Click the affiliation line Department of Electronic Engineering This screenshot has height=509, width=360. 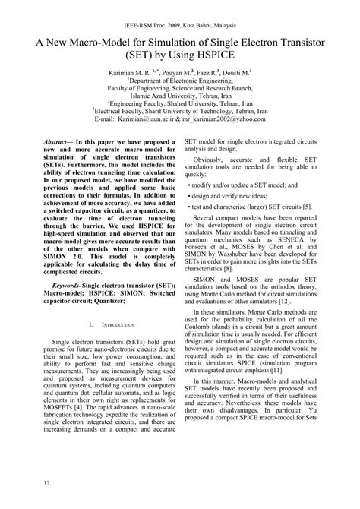coord(180,77)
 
